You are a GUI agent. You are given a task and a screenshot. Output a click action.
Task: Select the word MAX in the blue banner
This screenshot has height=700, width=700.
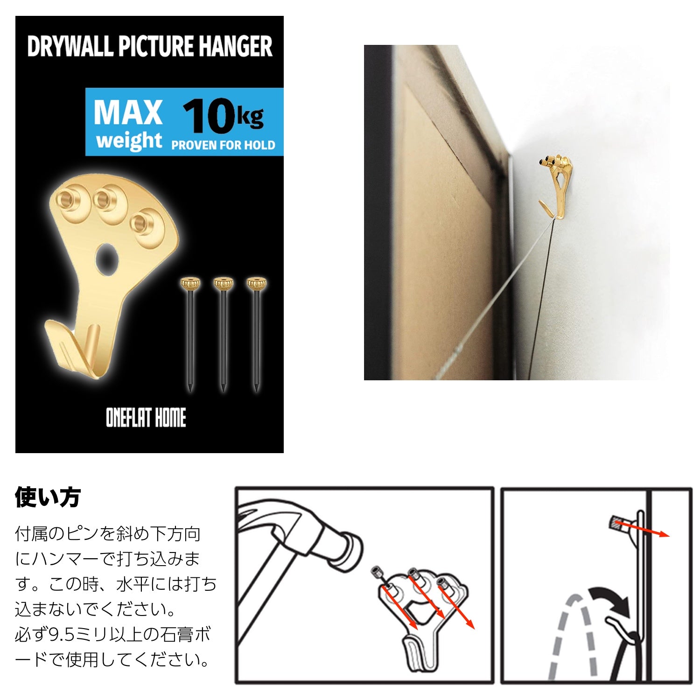(x=128, y=113)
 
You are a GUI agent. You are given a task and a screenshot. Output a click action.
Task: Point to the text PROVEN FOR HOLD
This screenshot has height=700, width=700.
(x=223, y=145)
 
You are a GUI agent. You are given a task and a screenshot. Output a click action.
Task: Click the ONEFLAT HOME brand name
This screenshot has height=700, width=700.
(x=146, y=418)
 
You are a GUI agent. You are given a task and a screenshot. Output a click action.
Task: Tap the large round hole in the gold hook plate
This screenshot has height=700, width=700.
(x=108, y=258)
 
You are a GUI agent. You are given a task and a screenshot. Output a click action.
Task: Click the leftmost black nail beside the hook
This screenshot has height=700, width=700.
(x=190, y=336)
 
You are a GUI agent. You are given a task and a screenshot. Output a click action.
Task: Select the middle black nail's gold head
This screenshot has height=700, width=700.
(x=223, y=283)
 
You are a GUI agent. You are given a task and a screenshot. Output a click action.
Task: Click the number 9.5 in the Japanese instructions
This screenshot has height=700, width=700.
(x=65, y=635)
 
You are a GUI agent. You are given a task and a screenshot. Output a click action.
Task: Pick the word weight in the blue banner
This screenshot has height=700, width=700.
(x=129, y=140)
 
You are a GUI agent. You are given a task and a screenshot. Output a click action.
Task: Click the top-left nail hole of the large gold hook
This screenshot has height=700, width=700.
(x=68, y=200)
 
